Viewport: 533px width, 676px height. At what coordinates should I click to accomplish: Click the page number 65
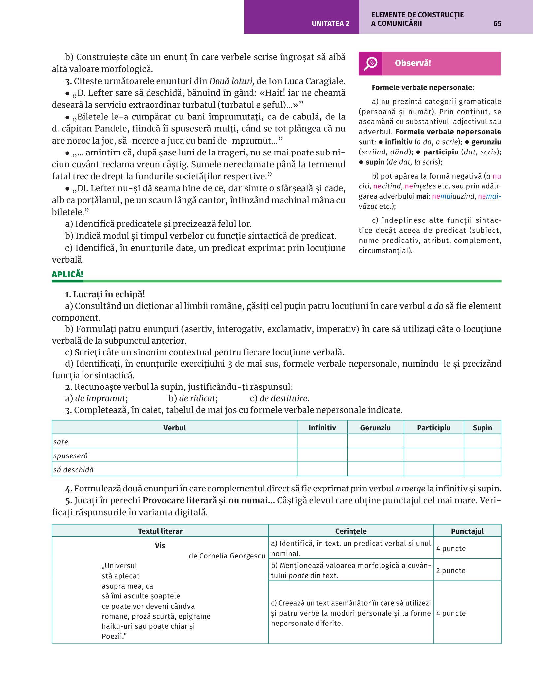497,23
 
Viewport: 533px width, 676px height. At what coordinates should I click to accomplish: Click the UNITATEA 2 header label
330,23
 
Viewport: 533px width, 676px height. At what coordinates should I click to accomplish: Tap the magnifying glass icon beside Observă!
370,63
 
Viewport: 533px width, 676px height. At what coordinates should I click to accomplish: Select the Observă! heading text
413,63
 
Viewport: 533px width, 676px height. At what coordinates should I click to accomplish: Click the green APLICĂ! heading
68,274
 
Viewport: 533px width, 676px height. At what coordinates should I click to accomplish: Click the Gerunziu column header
375,428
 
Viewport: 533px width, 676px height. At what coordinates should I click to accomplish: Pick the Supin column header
482,428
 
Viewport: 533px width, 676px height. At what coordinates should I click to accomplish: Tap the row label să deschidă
73,469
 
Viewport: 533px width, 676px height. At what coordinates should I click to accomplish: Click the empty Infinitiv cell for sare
322,441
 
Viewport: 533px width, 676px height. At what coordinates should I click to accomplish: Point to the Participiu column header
434,428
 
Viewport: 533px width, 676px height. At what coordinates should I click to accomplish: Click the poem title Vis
160,545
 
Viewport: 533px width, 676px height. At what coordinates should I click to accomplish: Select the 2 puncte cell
451,571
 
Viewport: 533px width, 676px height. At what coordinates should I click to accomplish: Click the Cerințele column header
350,531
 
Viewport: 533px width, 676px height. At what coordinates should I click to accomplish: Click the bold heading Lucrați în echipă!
109,294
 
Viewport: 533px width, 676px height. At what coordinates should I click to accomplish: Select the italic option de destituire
284,398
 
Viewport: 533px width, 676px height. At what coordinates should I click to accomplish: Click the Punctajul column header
467,531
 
